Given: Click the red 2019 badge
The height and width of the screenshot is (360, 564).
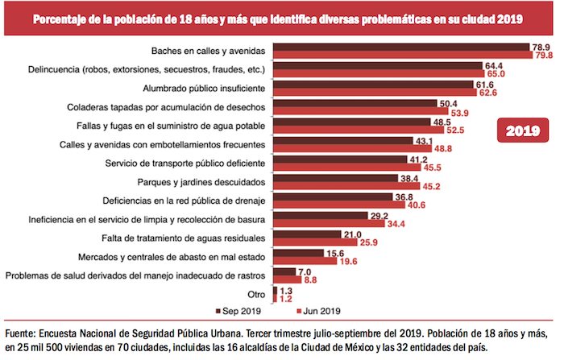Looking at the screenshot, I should [521, 130].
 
